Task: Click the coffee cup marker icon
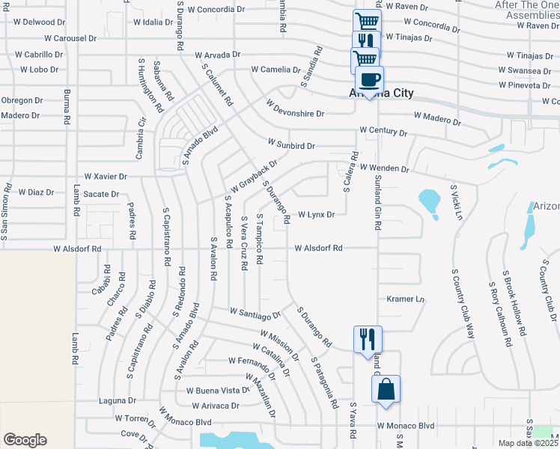click(368, 79)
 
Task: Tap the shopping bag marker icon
click(386, 389)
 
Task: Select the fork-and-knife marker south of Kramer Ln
click(368, 339)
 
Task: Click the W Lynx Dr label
click(315, 215)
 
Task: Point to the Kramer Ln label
click(405, 299)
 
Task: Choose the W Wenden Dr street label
click(384, 168)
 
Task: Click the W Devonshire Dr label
click(295, 114)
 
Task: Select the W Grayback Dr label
click(254, 174)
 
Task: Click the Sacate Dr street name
click(101, 194)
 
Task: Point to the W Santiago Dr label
click(255, 312)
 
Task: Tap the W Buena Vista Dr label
click(217, 391)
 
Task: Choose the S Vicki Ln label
click(455, 200)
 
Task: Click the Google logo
click(25, 440)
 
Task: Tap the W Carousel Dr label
click(70, 37)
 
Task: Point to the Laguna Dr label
click(117, 401)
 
